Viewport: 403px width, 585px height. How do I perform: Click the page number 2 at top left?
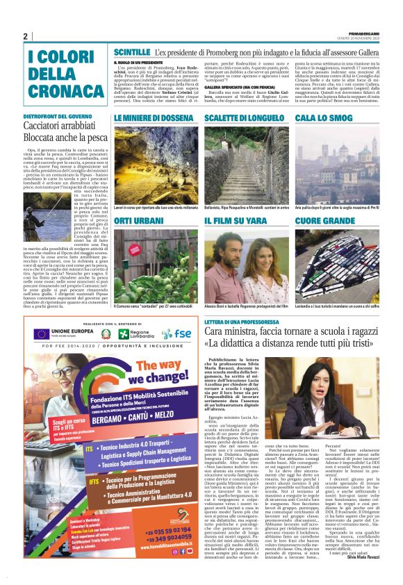(26, 36)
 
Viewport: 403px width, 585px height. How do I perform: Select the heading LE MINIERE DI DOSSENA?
(154, 119)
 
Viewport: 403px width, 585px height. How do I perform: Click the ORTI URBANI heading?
(139, 220)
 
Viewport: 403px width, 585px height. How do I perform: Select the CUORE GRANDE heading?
(325, 220)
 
